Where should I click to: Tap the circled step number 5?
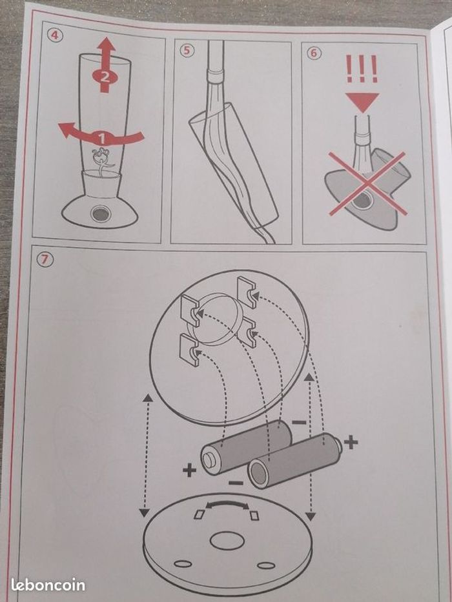click(x=186, y=50)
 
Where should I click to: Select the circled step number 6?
click(x=314, y=53)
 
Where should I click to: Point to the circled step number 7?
click(x=45, y=260)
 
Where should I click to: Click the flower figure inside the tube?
click(x=102, y=161)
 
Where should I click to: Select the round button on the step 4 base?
click(x=101, y=214)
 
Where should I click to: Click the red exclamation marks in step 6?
click(x=362, y=69)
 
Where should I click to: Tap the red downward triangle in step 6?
click(x=362, y=102)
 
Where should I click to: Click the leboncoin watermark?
click(x=48, y=585)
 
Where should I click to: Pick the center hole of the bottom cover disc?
click(x=227, y=541)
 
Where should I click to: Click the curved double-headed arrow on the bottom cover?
click(x=227, y=504)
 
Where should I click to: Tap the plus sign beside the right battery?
click(x=351, y=443)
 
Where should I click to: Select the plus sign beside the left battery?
click(x=189, y=470)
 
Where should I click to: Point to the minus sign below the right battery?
click(x=236, y=482)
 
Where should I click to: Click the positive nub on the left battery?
click(x=209, y=460)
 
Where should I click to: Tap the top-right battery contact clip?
click(x=247, y=292)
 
